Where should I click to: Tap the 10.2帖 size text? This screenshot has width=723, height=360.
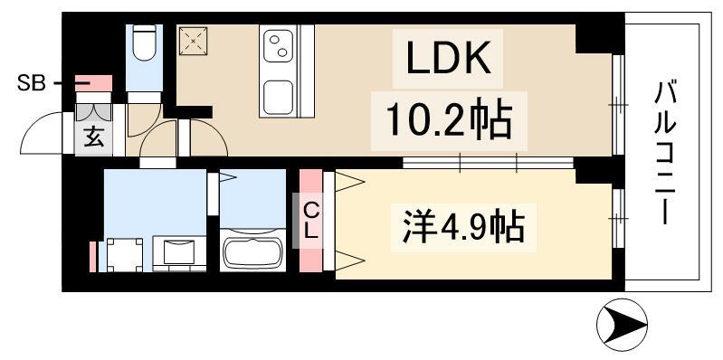tap(449, 118)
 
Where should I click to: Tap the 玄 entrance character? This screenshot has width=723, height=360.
tap(93, 137)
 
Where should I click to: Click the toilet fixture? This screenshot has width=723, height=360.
tap(144, 45)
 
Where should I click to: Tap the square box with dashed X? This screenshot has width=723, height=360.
tap(192, 41)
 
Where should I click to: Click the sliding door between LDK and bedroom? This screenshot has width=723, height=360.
tap(489, 163)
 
